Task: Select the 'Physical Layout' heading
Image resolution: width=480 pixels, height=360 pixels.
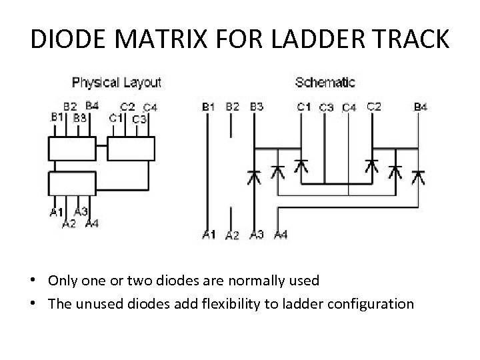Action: click(116, 83)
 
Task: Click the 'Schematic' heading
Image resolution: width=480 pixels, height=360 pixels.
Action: click(325, 83)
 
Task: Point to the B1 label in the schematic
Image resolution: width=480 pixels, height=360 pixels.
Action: click(208, 106)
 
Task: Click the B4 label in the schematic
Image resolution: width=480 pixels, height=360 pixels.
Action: click(421, 106)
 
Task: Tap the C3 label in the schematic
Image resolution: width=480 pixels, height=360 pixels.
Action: click(327, 107)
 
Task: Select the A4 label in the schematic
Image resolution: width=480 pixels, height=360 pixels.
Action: click(281, 234)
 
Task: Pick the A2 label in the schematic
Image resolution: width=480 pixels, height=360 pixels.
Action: click(232, 235)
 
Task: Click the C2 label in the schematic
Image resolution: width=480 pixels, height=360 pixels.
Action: click(374, 106)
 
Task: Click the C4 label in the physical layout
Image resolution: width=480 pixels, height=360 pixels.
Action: click(150, 107)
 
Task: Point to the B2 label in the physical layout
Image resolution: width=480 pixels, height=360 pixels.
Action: click(70, 106)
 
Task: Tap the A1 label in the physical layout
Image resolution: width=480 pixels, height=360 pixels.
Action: click(57, 213)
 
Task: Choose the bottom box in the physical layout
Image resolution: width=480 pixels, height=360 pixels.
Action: click(71, 183)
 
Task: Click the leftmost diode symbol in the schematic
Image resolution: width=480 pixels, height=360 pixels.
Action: click(253, 177)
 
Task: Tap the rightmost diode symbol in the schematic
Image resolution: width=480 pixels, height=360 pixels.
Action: click(418, 177)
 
